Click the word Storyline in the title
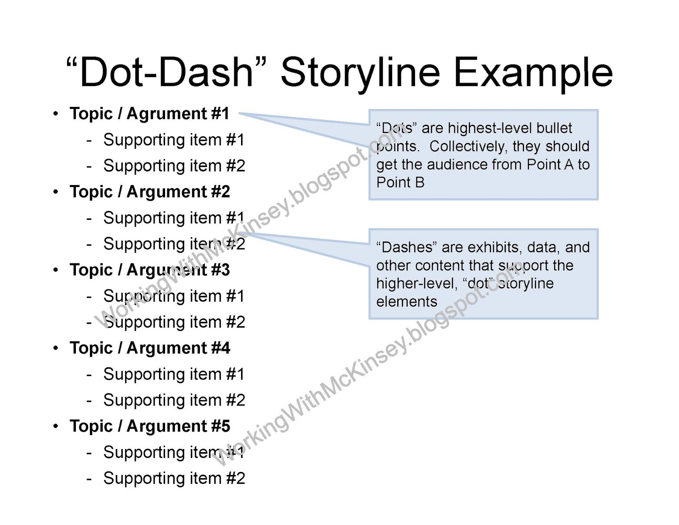(x=360, y=73)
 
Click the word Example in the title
(x=533, y=73)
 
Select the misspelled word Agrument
(x=166, y=114)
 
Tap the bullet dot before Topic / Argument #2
(x=56, y=192)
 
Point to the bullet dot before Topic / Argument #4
(x=56, y=348)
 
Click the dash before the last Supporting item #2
(x=89, y=479)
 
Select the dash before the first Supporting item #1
(x=89, y=140)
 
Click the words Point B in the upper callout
(x=400, y=182)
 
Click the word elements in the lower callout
(x=407, y=302)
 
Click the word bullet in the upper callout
(x=554, y=128)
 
